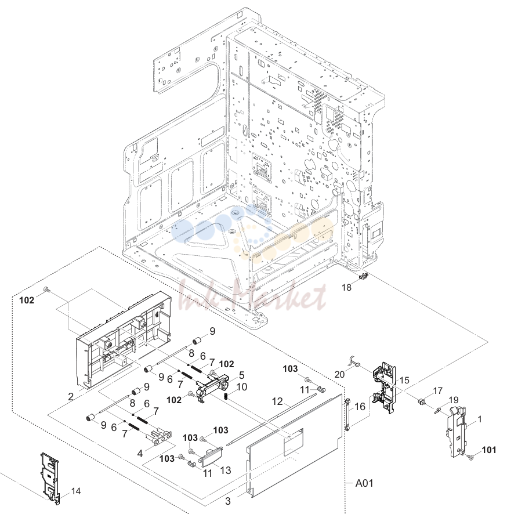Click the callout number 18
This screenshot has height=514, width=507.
point(346,288)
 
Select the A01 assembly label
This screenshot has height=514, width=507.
point(364,483)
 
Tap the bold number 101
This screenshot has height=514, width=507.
point(489,450)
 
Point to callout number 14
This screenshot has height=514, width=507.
point(76,491)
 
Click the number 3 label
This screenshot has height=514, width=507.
point(228,501)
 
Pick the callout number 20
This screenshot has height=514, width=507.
point(339,374)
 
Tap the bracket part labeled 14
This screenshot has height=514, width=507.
point(50,477)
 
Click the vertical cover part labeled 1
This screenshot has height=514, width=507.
point(456,431)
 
